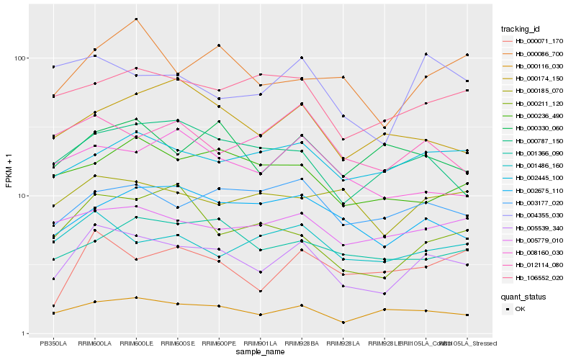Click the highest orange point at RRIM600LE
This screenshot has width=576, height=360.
click(x=136, y=19)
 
